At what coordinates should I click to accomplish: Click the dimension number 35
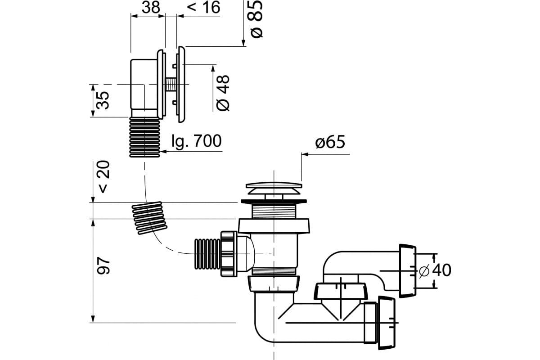point(103,100)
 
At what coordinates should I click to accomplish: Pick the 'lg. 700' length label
point(197,141)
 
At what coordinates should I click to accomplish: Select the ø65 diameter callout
point(330,143)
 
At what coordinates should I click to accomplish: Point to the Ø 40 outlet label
point(435,270)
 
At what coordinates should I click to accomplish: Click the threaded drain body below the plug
point(273,210)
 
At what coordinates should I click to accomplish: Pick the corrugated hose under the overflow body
point(145,137)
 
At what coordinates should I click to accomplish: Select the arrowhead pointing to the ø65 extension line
point(305,154)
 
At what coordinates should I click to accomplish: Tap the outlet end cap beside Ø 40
point(407,270)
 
